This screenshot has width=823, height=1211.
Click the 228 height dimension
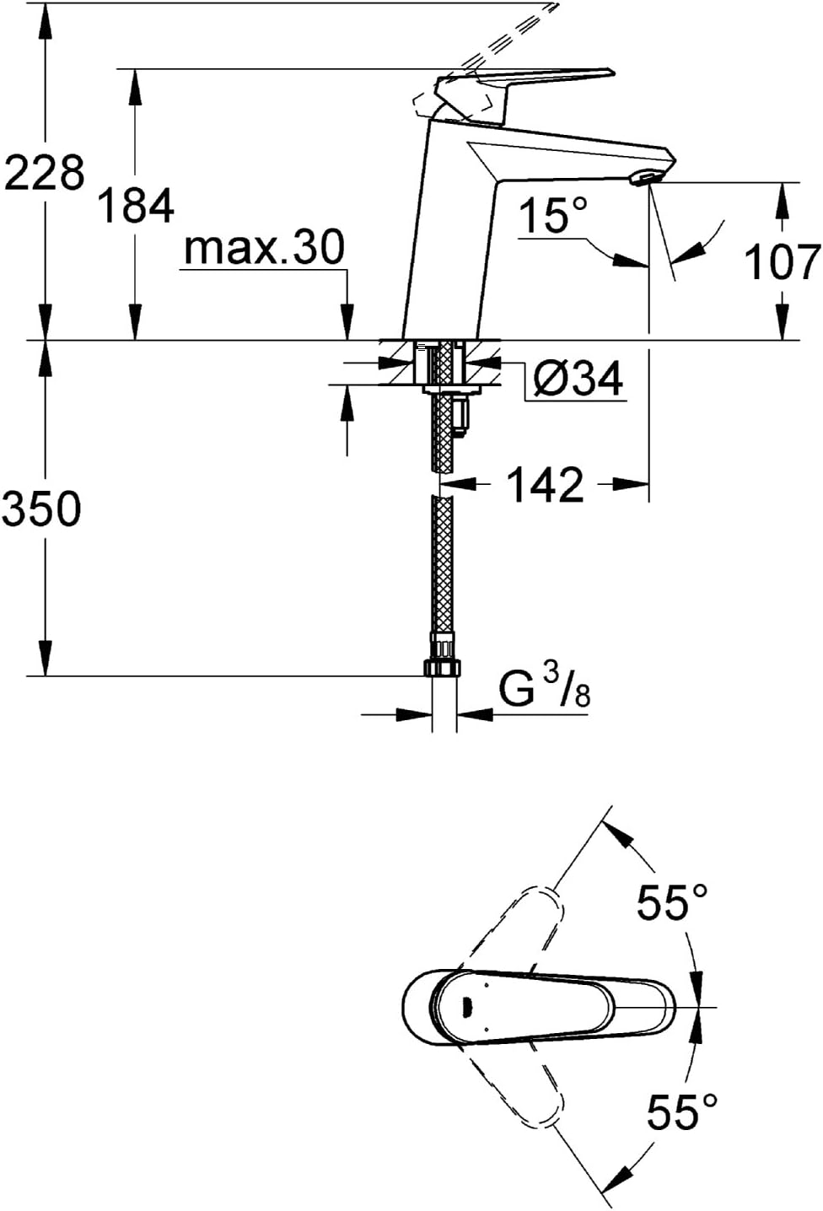tap(45, 173)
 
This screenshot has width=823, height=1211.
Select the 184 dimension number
tap(136, 205)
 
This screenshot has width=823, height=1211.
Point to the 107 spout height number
tap(783, 261)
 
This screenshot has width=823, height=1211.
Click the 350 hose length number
tap(41, 509)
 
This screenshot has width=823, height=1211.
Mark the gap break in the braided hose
tap(444, 484)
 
